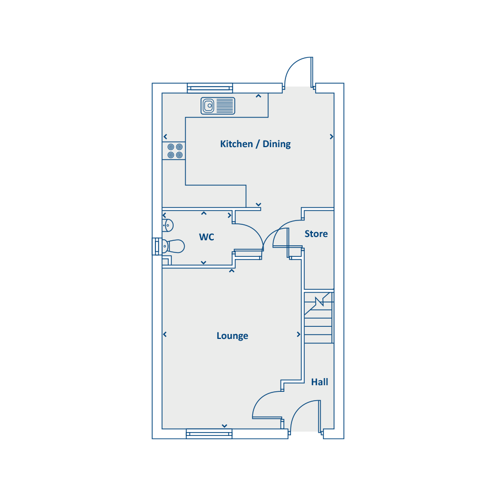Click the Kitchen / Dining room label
(255, 144)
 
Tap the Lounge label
(232, 336)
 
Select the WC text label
(207, 238)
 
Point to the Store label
(316, 234)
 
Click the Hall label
(320, 382)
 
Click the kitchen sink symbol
(218, 105)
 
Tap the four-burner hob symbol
(175, 151)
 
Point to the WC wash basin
(168, 225)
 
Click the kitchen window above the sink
(210, 88)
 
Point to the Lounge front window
(209, 434)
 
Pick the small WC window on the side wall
(157, 246)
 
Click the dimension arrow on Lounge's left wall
(165, 335)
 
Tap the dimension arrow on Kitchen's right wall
(331, 137)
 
